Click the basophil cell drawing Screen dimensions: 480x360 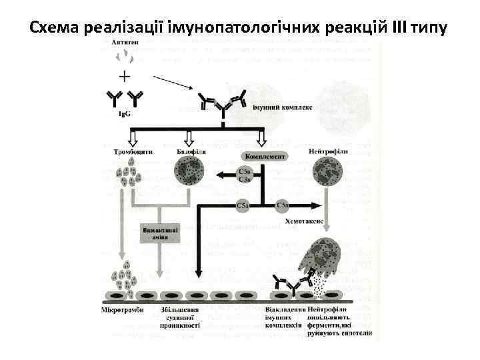point(190,175)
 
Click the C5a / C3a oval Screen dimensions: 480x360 point(245,175)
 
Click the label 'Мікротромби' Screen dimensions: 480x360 point(125,311)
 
